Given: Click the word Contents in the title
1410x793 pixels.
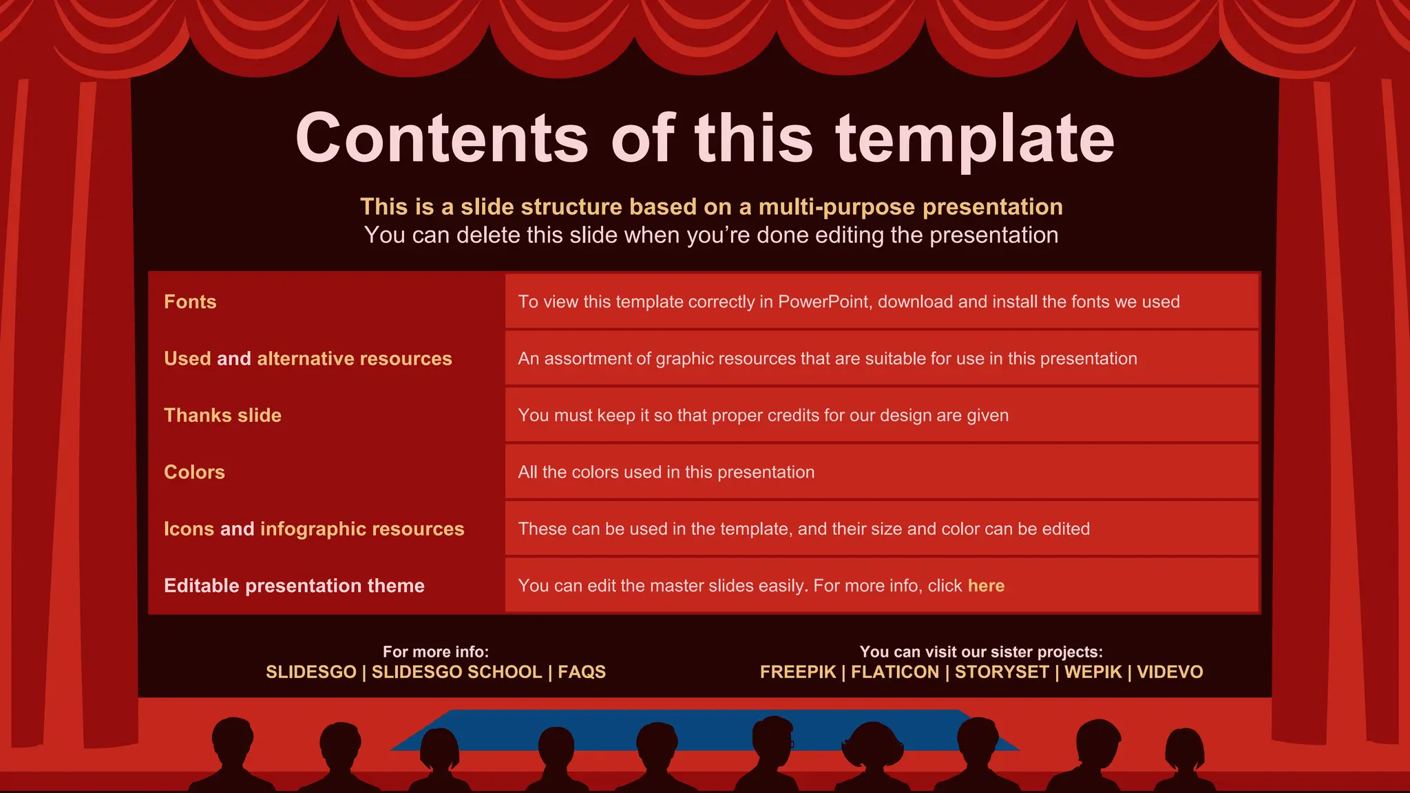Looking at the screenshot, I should (x=441, y=138).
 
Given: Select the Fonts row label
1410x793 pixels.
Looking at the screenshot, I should (x=190, y=302).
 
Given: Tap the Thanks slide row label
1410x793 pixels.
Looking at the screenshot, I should (x=222, y=416).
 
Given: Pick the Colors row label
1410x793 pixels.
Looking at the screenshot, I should (x=194, y=472).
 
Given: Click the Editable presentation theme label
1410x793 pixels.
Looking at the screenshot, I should (x=294, y=586).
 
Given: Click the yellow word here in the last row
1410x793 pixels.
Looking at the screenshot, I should (x=986, y=586).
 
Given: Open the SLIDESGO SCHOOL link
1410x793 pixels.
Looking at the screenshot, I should (x=456, y=673).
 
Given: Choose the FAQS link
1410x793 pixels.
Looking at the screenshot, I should (x=582, y=673).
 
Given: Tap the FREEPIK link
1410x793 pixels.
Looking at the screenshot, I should (x=797, y=673).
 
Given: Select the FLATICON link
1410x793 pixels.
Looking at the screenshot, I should (x=894, y=673).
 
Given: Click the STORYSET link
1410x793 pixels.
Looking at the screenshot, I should (x=1001, y=673).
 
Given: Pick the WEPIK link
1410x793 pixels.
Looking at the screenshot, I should (x=1093, y=673).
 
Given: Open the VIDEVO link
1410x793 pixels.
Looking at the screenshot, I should (x=1170, y=673).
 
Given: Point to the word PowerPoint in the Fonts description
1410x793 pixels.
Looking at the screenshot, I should (x=823, y=302).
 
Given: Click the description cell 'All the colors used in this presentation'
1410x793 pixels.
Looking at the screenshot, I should (x=666, y=472).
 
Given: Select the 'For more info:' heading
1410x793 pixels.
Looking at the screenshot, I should (x=435, y=652).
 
